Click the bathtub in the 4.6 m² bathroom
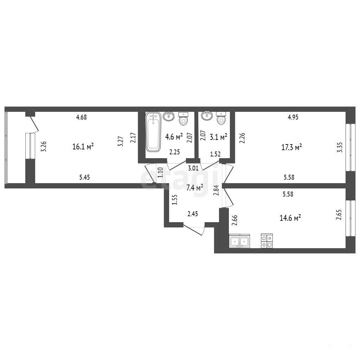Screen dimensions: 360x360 pyautogui.click(x=153, y=132)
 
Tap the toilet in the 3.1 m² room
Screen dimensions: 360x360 pyautogui.click(x=221, y=118)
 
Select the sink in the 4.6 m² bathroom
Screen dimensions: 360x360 pyautogui.click(x=168, y=116)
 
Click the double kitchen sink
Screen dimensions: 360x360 pyautogui.click(x=239, y=241)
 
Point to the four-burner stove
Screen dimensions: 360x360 pyautogui.click(x=267, y=241)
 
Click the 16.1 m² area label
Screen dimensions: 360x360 pyautogui.click(x=83, y=146)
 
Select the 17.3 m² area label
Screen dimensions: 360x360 pyautogui.click(x=291, y=147)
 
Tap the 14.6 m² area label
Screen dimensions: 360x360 pyautogui.click(x=290, y=218)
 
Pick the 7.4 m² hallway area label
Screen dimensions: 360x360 pyautogui.click(x=195, y=188)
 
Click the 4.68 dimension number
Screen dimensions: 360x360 pyautogui.click(x=82, y=117)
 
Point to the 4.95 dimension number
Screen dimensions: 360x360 pyautogui.click(x=293, y=117)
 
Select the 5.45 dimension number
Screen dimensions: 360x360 pyautogui.click(x=84, y=177)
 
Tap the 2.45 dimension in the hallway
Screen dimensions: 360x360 pyautogui.click(x=193, y=214)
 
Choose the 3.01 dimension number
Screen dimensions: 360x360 pyautogui.click(x=193, y=168)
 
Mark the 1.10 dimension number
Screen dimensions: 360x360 pyautogui.click(x=160, y=172)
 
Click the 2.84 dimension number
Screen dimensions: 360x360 pyautogui.click(x=216, y=190)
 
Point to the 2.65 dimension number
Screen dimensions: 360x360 pyautogui.click(x=339, y=215)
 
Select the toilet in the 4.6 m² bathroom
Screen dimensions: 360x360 pyautogui.click(x=183, y=119)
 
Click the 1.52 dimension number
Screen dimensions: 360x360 pyautogui.click(x=216, y=154)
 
